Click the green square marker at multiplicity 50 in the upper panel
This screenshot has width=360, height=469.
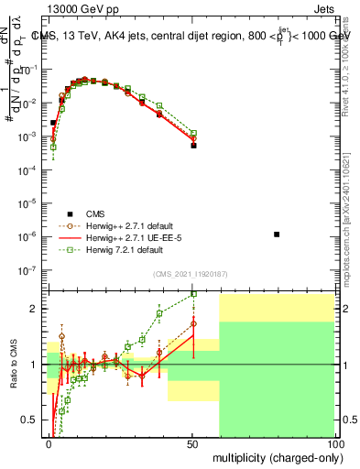[x=193, y=133]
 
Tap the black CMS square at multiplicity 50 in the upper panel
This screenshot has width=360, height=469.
[x=193, y=145]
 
